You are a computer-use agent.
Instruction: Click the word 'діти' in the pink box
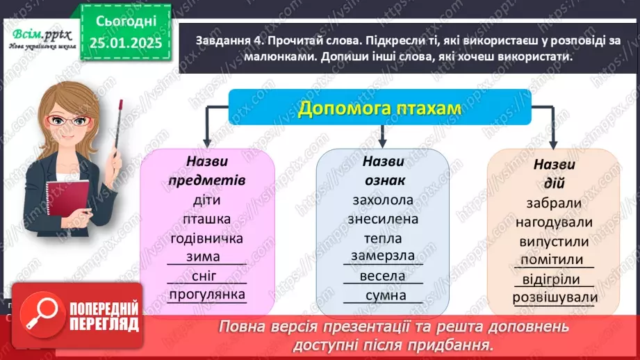tap(207, 202)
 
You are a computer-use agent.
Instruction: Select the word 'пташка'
tap(207, 220)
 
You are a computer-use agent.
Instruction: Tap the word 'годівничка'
tap(207, 239)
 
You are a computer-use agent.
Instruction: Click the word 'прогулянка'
tap(207, 295)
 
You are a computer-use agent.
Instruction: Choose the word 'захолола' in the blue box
tap(383, 200)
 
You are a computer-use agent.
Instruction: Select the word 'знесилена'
tap(383, 220)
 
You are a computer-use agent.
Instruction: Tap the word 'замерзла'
tap(383, 256)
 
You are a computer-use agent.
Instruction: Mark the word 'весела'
tap(383, 276)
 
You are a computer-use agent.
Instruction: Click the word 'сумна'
tap(383, 296)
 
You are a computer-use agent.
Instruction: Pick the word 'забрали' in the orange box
tap(554, 204)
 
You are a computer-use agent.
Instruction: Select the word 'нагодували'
tap(554, 222)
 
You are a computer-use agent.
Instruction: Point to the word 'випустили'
tap(554, 243)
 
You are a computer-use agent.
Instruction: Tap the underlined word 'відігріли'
tap(554, 279)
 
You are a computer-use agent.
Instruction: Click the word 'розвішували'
tap(554, 298)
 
